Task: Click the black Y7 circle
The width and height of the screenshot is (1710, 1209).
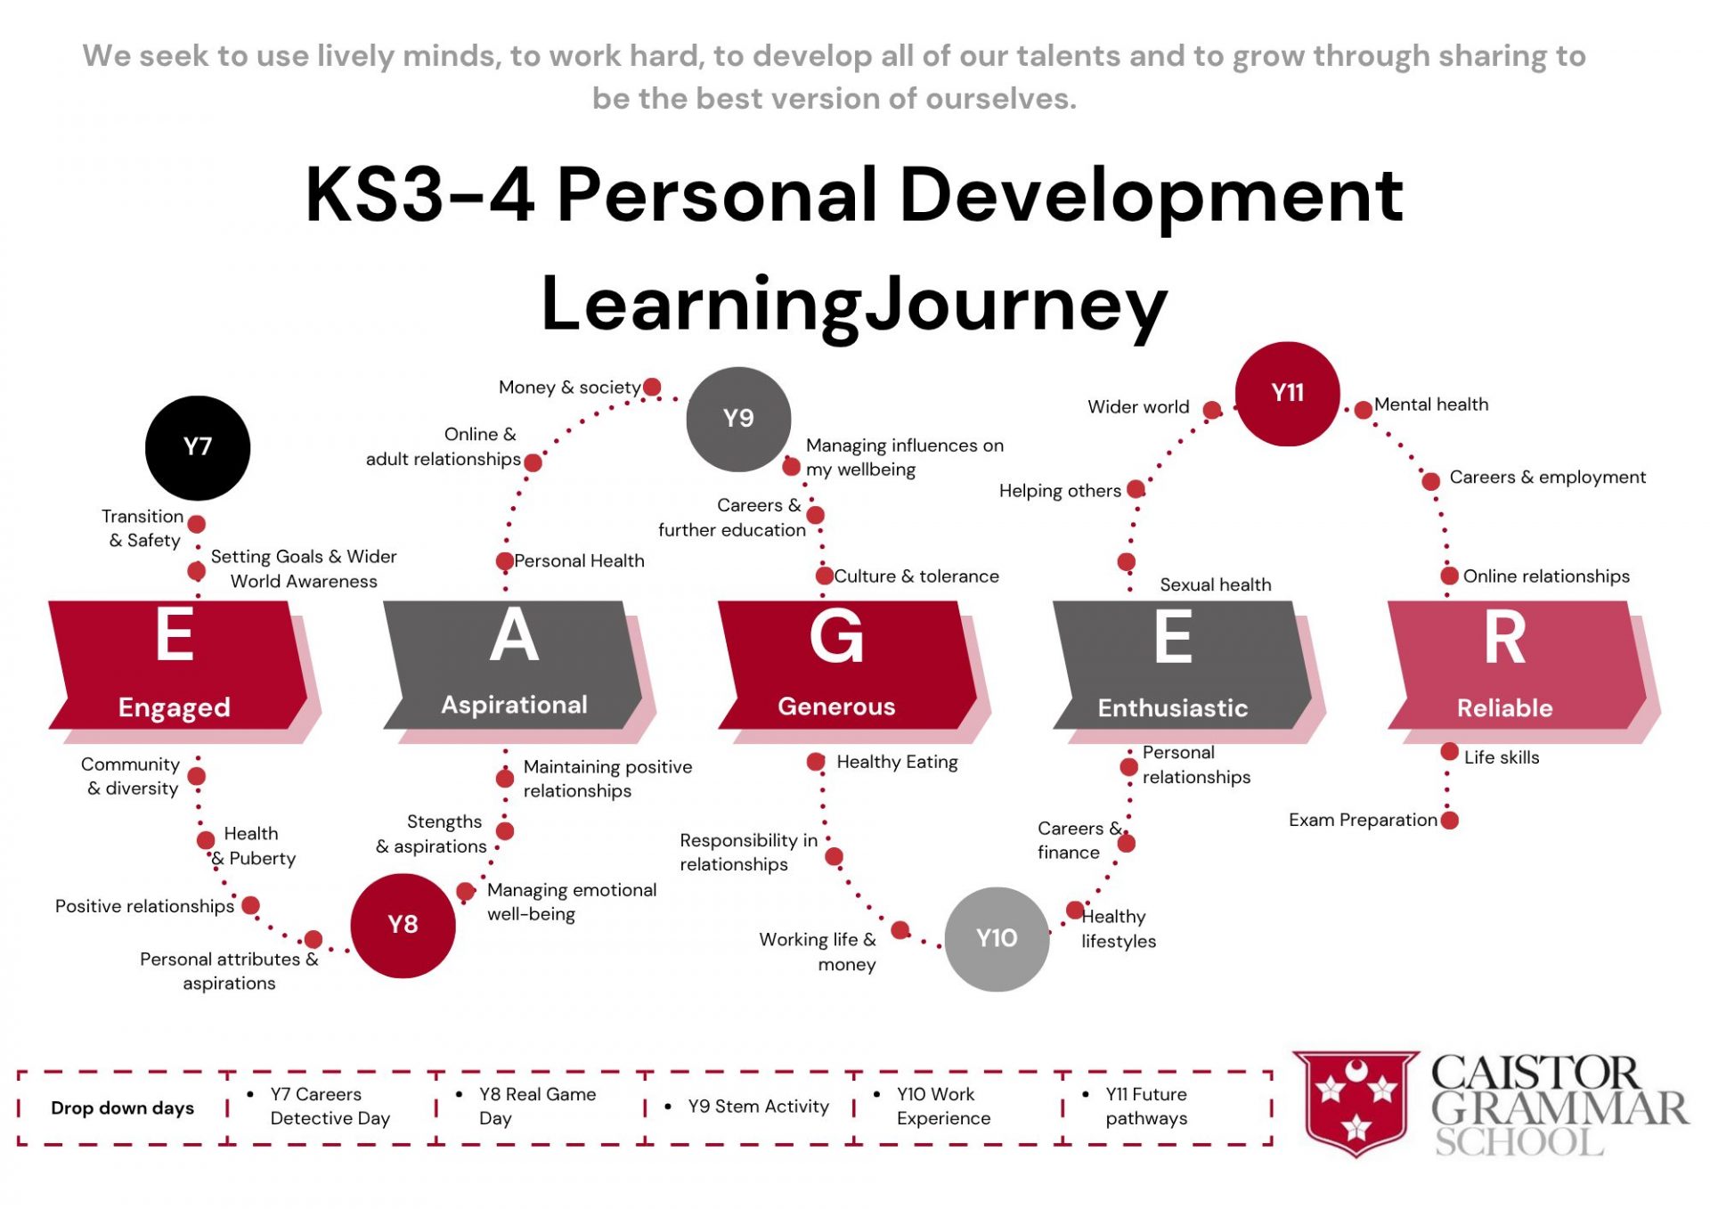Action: pos(198,447)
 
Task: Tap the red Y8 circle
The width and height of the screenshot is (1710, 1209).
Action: pos(403,925)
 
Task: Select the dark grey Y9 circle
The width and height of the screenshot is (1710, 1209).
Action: pos(738,419)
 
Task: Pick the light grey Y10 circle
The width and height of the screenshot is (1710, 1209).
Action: pos(997,938)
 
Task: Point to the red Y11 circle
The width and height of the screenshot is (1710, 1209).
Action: pos(1287,393)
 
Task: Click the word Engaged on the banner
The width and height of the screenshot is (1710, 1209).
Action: pos(175,707)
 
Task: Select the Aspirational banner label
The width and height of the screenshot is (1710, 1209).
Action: pos(515,705)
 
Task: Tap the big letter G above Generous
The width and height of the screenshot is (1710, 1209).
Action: pos(836,636)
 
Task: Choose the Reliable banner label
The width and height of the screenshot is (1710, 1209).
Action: pos(1504,707)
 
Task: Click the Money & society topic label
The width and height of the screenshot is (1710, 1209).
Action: pos(569,388)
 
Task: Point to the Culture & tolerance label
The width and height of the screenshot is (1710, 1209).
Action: pos(916,576)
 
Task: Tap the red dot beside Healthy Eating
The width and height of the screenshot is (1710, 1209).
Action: pos(815,762)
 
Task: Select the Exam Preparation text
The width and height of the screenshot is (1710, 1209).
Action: pos(1363,820)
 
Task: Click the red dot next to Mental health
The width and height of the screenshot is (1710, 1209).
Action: pos(1363,410)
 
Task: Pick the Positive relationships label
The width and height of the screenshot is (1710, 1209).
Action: pos(144,906)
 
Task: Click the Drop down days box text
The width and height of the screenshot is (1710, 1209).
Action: pos(122,1107)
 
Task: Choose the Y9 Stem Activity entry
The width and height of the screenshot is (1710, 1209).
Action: pos(758,1107)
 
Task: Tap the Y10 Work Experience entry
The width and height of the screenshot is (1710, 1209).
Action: pos(943,1106)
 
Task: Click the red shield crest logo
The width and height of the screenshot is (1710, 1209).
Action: pos(1356,1103)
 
